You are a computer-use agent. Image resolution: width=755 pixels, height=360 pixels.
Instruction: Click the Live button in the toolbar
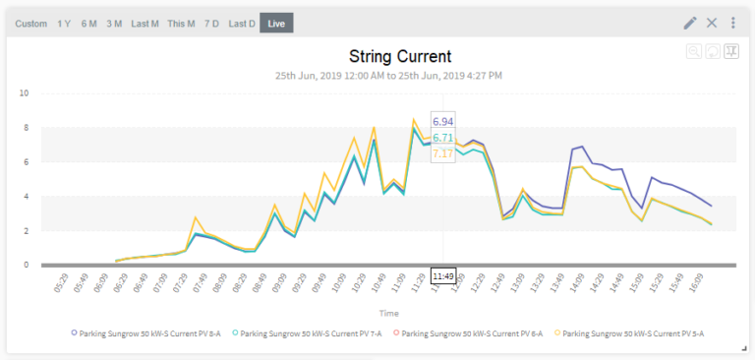pyautogui.click(x=276, y=23)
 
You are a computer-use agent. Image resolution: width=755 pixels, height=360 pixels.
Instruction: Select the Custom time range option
pyautogui.click(x=31, y=23)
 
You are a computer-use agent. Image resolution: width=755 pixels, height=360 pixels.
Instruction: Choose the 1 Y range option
pyautogui.click(x=64, y=23)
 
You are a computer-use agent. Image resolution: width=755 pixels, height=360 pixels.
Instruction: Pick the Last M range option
pyautogui.click(x=145, y=23)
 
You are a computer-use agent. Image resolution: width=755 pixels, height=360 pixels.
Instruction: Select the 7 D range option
pyautogui.click(x=211, y=23)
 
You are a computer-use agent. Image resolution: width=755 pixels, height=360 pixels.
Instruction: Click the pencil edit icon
pyautogui.click(x=690, y=23)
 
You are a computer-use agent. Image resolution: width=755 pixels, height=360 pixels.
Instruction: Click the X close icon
pyautogui.click(x=712, y=23)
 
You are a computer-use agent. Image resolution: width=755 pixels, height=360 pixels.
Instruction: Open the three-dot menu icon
pyautogui.click(x=732, y=23)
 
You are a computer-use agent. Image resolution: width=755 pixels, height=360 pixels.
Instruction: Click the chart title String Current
pyautogui.click(x=400, y=56)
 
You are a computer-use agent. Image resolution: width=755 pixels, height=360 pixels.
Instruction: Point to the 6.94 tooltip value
pyautogui.click(x=442, y=122)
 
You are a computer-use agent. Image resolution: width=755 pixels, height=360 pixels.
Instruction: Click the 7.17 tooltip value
pyautogui.click(x=442, y=153)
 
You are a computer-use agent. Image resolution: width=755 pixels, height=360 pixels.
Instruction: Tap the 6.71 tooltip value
pyautogui.click(x=442, y=138)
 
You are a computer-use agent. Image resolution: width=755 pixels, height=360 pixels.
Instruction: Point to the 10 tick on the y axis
pyautogui.click(x=24, y=93)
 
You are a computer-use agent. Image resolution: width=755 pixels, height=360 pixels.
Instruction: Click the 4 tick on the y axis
pyautogui.click(x=26, y=197)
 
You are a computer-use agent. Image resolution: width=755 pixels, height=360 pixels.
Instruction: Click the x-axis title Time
pyautogui.click(x=389, y=313)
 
